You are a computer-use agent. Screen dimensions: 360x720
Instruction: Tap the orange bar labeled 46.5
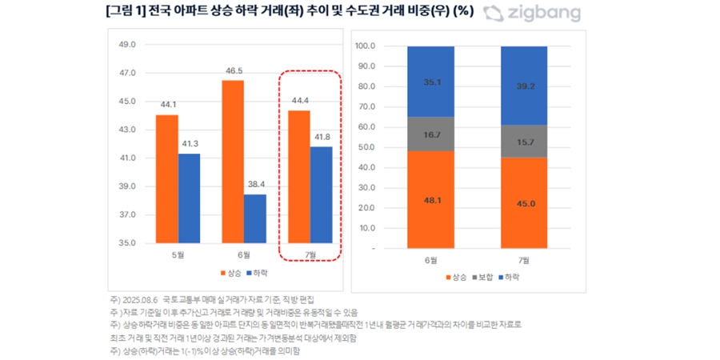click(233, 161)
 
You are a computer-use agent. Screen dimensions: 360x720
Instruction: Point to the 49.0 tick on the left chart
click(126, 45)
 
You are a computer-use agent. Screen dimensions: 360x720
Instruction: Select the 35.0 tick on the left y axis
click(126, 243)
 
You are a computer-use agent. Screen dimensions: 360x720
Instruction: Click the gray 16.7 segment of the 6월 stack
click(431, 134)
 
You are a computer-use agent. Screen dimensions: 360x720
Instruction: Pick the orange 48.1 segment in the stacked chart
click(431, 200)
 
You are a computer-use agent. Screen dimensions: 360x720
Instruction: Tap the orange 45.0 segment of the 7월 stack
click(525, 203)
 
